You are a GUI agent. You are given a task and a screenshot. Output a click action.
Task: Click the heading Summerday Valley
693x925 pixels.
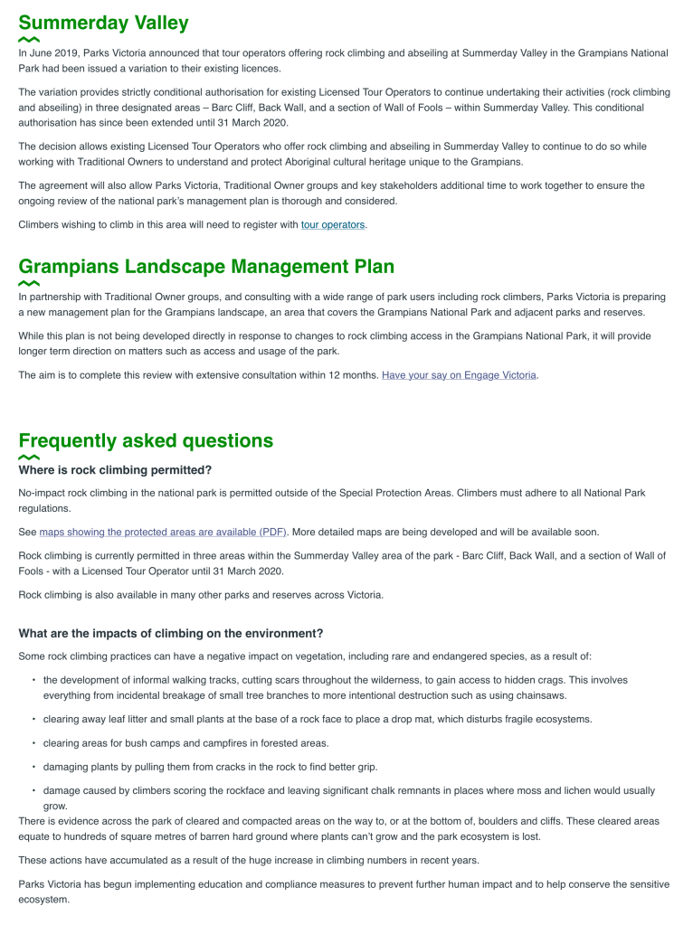[103, 23]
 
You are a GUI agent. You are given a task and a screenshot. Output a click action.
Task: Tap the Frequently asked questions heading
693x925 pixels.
[146, 440]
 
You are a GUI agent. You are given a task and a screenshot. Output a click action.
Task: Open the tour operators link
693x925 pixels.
[333, 224]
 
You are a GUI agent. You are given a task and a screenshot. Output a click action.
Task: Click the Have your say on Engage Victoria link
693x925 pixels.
[460, 374]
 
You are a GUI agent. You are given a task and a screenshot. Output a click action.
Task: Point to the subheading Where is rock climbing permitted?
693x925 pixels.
[115, 470]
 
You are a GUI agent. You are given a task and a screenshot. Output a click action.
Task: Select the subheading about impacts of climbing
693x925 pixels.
[170, 633]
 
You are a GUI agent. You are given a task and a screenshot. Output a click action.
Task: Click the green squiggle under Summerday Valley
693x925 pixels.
[29, 40]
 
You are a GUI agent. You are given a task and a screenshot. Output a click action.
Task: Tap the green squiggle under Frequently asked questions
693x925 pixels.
[29, 458]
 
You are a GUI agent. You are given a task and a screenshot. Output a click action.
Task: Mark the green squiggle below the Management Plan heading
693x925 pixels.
[29, 283]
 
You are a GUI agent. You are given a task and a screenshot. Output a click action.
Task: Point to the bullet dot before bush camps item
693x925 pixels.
[33, 743]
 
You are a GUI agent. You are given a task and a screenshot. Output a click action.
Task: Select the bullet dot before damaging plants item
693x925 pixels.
[33, 767]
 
